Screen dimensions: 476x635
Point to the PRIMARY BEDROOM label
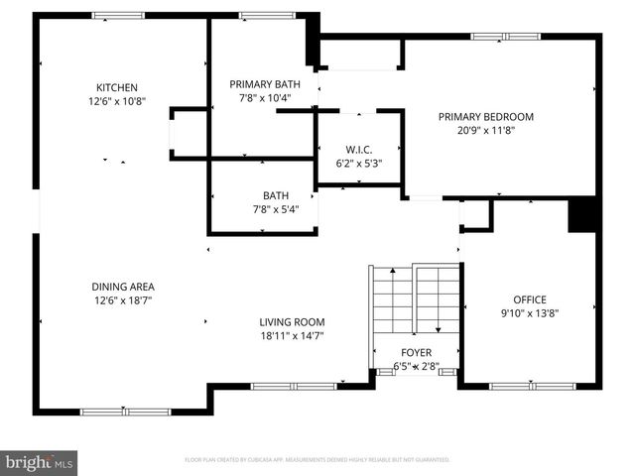point(486,116)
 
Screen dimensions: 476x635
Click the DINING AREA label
point(124,286)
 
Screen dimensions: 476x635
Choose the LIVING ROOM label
point(292,322)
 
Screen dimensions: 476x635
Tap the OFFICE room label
point(529,299)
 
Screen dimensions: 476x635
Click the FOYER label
point(416,352)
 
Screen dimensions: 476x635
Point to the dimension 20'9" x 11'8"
point(486,130)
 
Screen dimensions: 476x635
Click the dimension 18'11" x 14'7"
point(292,336)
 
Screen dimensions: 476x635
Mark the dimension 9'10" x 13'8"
point(529,313)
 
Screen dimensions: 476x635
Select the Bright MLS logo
point(40,462)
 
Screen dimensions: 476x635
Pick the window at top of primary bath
point(260,15)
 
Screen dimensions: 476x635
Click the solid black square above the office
point(581,215)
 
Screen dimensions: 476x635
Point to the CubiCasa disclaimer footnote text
point(317,460)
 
